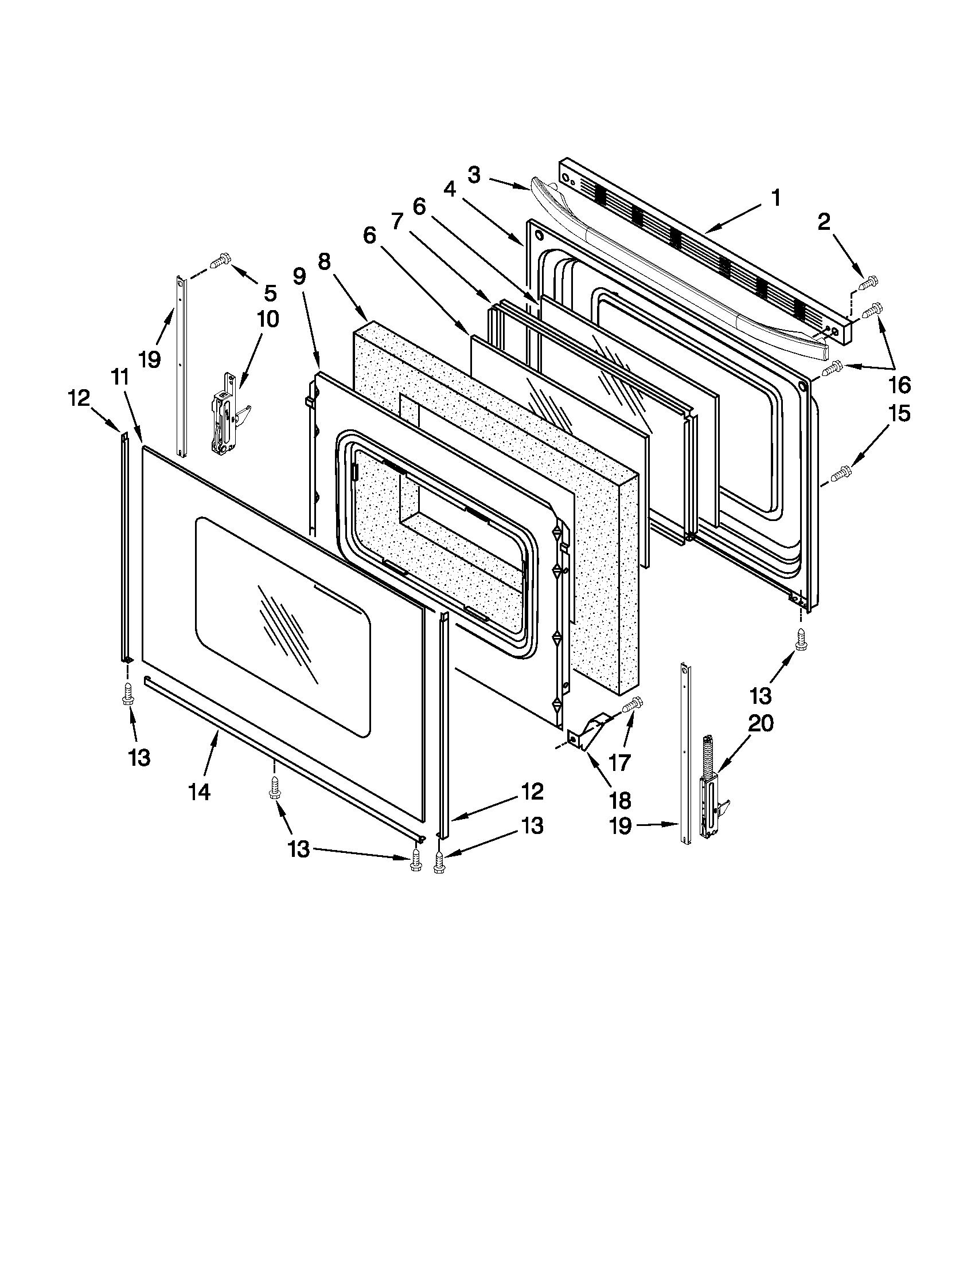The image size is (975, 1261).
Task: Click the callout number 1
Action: coord(776,198)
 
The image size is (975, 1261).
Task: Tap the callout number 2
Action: coord(824,222)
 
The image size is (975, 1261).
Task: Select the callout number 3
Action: coord(474,175)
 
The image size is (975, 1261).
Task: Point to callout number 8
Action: coord(324,261)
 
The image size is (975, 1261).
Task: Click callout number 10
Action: coord(268,318)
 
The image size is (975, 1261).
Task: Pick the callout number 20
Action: coord(760,723)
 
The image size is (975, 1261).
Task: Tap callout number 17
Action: coord(619,763)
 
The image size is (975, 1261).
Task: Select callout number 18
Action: coord(619,800)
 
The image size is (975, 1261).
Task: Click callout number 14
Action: coord(198,792)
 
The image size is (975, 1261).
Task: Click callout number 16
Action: coord(900,384)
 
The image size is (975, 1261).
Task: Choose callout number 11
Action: coord(119,377)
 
